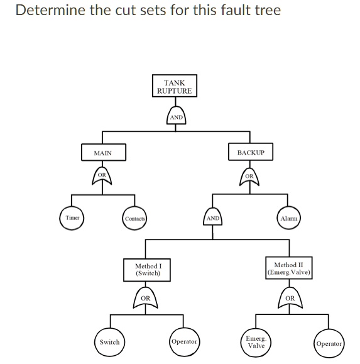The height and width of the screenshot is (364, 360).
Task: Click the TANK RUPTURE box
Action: pyautogui.click(x=175, y=87)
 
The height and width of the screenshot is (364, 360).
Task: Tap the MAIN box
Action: pyautogui.click(x=103, y=153)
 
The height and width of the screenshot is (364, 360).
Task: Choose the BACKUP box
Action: pyautogui.click(x=251, y=153)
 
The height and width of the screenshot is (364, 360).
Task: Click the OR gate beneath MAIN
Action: pyautogui.click(x=103, y=178)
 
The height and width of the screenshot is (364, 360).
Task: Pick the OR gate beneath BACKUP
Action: pyautogui.click(x=251, y=178)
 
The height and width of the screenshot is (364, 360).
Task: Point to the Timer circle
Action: pyautogui.click(x=72, y=218)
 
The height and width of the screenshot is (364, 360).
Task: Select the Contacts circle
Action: pyautogui.click(x=134, y=218)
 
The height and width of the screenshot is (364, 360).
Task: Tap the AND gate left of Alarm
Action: pyautogui.click(x=213, y=218)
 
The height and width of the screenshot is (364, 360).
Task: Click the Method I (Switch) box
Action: pyautogui.click(x=148, y=270)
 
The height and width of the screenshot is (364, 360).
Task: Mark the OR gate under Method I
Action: pyautogui.click(x=146, y=300)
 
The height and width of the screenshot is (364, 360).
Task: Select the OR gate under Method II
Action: pyautogui.click(x=290, y=300)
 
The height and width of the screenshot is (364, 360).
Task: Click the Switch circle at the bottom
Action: pyautogui.click(x=109, y=342)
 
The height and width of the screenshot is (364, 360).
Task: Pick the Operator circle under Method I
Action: pyautogui.click(x=184, y=341)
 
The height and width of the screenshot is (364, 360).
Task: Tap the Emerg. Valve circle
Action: pyautogui.click(x=256, y=343)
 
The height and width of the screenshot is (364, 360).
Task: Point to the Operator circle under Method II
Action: pyautogui.click(x=329, y=343)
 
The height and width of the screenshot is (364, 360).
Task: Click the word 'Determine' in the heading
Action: pyautogui.click(x=46, y=11)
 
